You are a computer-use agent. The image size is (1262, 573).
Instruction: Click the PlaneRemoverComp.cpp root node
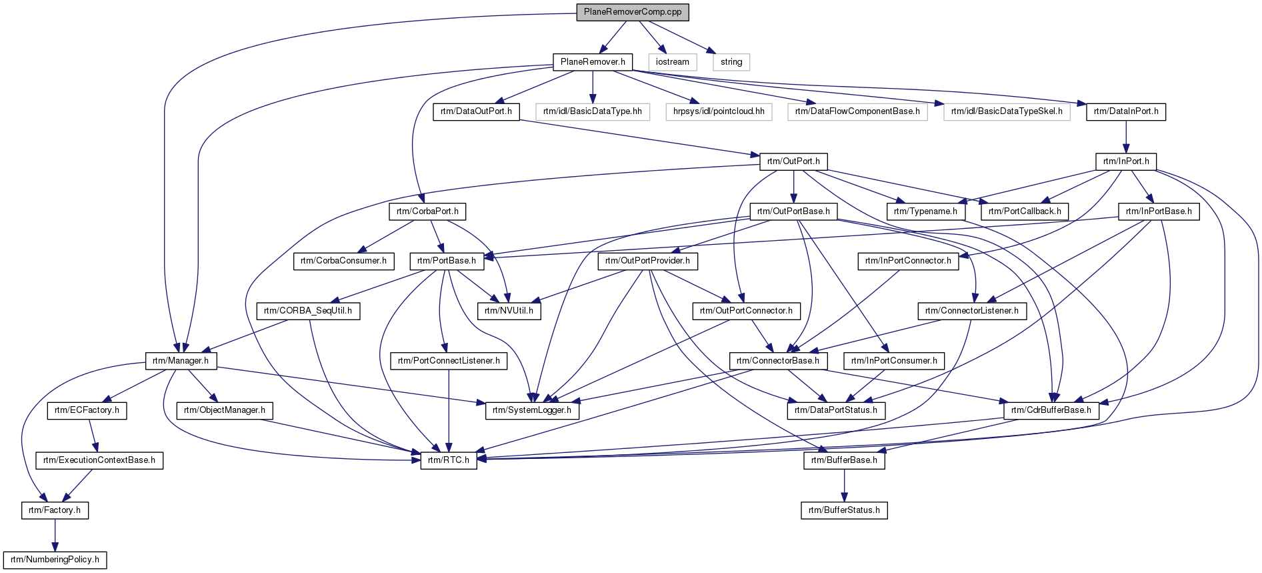pyautogui.click(x=633, y=12)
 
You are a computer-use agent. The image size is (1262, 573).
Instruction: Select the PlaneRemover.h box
pyautogui.click(x=593, y=62)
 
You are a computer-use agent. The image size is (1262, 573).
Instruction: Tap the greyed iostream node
pyautogui.click(x=672, y=62)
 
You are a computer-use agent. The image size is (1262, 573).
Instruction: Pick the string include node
pyautogui.click(x=731, y=62)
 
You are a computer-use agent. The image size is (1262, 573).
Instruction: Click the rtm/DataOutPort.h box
pyautogui.click(x=476, y=111)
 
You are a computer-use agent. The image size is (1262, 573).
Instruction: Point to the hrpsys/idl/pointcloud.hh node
pyautogui.click(x=719, y=111)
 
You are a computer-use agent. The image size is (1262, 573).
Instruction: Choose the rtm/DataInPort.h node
pyautogui.click(x=1126, y=111)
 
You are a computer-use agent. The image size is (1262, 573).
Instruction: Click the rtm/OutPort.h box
pyautogui.click(x=793, y=161)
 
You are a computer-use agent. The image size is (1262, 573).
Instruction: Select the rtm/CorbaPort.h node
pyautogui.click(x=427, y=211)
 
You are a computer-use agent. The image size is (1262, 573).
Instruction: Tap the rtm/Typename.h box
pyautogui.click(x=925, y=211)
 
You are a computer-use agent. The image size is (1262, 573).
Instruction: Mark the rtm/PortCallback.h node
pyautogui.click(x=1025, y=211)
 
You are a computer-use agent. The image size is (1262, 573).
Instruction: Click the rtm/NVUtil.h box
pyautogui.click(x=509, y=311)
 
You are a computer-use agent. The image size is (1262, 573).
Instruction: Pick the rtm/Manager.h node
pyautogui.click(x=180, y=361)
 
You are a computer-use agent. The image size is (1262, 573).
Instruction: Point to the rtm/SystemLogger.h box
pyautogui.click(x=532, y=410)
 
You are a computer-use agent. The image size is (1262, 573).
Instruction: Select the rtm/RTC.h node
pyautogui.click(x=449, y=460)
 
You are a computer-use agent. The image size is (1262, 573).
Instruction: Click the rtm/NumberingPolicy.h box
pyautogui.click(x=55, y=560)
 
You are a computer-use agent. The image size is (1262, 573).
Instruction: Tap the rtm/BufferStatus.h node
pyautogui.click(x=844, y=510)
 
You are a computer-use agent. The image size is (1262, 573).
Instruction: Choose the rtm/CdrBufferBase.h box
pyautogui.click(x=1051, y=410)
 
